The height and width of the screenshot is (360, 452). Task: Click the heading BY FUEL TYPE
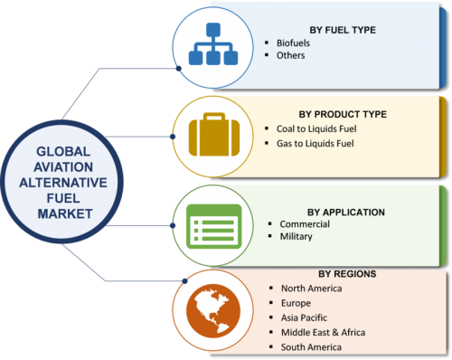(x=343, y=30)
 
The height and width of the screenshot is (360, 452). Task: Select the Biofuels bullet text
(x=293, y=43)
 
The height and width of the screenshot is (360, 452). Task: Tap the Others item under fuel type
(x=291, y=55)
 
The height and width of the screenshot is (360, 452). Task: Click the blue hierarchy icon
(x=213, y=44)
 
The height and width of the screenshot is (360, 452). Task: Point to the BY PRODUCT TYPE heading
(x=343, y=115)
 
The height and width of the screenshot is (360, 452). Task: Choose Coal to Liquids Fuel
(x=316, y=129)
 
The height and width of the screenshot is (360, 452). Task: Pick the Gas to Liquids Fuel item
(x=315, y=144)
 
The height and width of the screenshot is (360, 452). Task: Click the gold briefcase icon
(x=214, y=135)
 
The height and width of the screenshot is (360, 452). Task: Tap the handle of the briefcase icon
(x=214, y=117)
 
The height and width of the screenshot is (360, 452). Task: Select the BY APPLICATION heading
(x=346, y=213)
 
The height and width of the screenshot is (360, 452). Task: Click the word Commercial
(x=305, y=224)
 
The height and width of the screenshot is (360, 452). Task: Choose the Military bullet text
(x=296, y=237)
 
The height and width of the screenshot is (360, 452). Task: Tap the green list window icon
(x=214, y=226)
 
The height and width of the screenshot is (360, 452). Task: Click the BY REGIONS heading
(x=347, y=274)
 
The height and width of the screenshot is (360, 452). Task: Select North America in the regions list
(x=311, y=289)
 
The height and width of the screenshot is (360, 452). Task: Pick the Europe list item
(x=296, y=303)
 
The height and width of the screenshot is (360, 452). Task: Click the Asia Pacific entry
(x=304, y=317)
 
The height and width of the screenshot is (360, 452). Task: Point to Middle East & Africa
(x=323, y=333)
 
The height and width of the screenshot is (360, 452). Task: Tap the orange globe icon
(x=213, y=311)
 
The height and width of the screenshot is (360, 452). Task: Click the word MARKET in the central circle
(x=65, y=213)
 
